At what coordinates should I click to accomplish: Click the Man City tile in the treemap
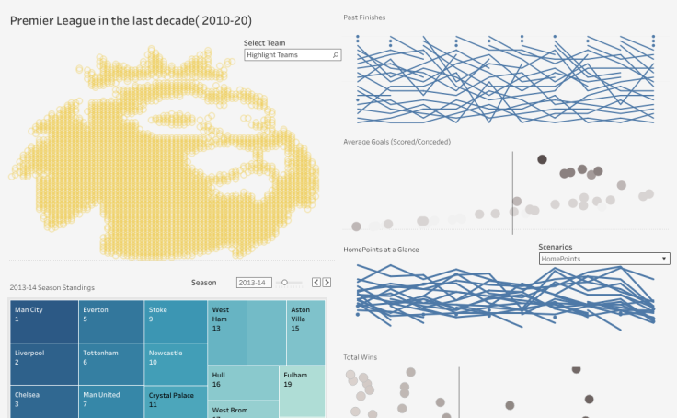tap(44, 320)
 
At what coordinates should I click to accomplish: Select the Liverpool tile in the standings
tap(44, 364)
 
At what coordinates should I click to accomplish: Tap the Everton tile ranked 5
tap(110, 320)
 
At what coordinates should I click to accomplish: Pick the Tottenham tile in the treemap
tap(110, 364)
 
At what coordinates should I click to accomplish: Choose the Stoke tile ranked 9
tap(176, 320)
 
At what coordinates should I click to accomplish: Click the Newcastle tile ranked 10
tap(176, 364)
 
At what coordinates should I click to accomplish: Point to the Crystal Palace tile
tap(176, 401)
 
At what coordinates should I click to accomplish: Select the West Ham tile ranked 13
tap(227, 331)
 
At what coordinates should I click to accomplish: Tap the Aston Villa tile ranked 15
tap(305, 331)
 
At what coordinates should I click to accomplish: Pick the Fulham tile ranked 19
tap(303, 387)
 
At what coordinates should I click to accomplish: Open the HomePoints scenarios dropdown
tap(603, 259)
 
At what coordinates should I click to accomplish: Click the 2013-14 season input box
tap(254, 283)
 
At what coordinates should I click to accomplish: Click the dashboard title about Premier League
tap(131, 20)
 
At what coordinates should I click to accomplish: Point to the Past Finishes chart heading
tap(364, 17)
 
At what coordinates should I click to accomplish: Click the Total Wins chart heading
tap(361, 356)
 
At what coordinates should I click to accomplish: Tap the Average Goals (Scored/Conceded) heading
tap(396, 142)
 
